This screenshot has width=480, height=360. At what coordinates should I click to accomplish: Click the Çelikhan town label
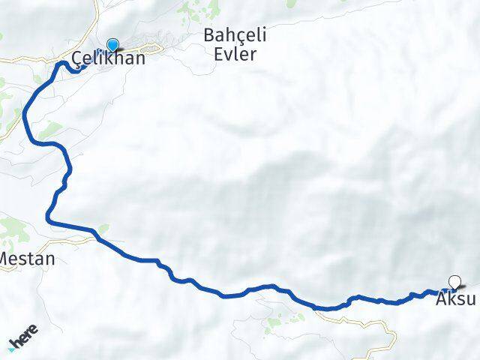pos(108,58)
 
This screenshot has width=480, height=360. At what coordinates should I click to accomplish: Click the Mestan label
pos(27,259)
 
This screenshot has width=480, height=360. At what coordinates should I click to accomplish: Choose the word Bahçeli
pos(235,36)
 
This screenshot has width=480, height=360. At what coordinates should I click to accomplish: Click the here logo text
pos(25,340)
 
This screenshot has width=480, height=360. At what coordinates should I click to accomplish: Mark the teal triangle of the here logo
pos(11,349)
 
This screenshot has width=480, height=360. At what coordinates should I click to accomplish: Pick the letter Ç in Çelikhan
pos(78,59)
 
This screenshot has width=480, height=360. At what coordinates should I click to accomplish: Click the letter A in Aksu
pos(441,298)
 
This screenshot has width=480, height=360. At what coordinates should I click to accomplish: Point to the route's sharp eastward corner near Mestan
pos(49,220)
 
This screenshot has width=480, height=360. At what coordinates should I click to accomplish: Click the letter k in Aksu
pos(452,298)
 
